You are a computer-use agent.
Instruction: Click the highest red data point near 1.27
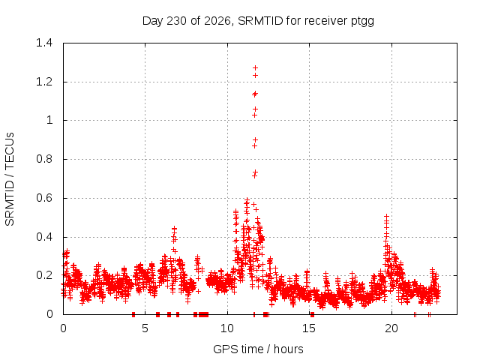tap(255, 67)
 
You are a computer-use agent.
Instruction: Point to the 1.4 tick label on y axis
tap(44, 43)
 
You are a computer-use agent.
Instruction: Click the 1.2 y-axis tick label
tap(44, 82)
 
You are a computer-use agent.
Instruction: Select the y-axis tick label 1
tap(49, 120)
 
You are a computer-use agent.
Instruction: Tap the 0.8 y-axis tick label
tap(44, 159)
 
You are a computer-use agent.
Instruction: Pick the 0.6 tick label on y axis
tap(44, 198)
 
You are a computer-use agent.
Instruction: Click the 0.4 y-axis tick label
tap(44, 237)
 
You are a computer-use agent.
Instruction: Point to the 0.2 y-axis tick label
tap(44, 275)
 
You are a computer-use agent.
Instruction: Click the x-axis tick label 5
tap(145, 328)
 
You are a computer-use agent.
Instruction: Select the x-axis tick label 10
tap(227, 328)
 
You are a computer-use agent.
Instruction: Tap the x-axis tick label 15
tap(309, 328)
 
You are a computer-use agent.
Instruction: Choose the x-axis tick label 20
tap(391, 328)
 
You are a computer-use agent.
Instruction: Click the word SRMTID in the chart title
tap(260, 21)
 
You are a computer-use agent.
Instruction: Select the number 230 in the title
tap(177, 21)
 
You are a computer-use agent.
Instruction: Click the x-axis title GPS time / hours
tap(258, 349)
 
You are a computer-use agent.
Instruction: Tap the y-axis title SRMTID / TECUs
tap(10, 179)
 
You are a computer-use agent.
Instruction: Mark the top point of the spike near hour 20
tap(387, 217)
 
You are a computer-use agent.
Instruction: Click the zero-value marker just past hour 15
tap(312, 314)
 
